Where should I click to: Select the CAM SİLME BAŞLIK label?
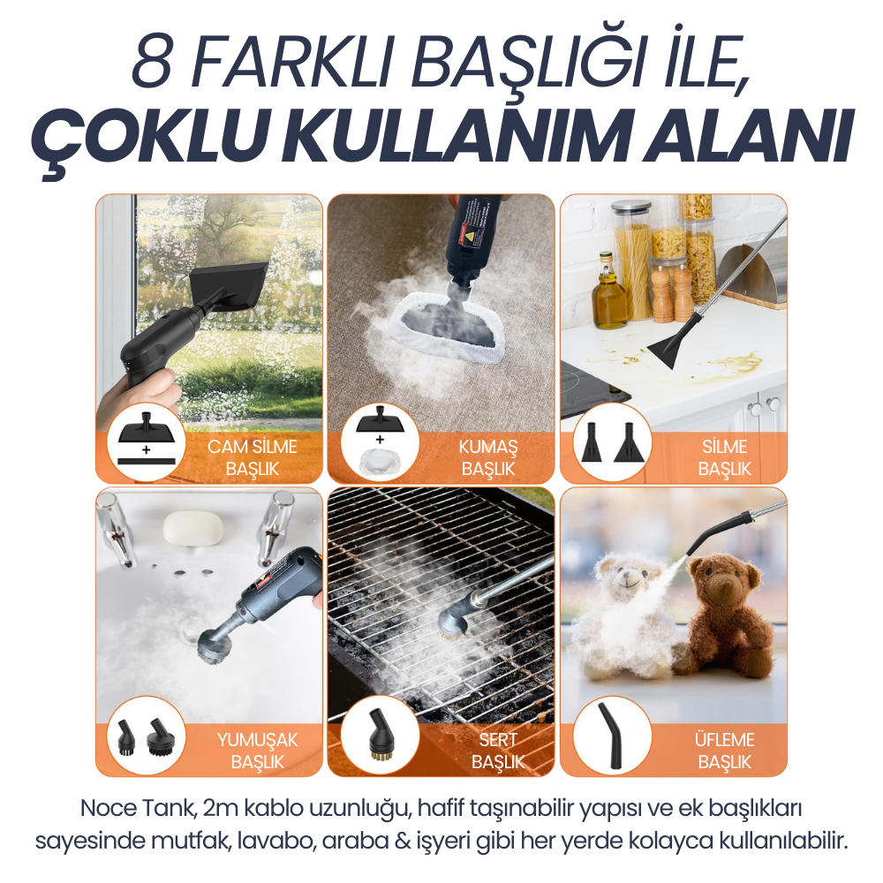coord(252,457)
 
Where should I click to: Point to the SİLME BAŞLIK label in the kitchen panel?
coord(724,457)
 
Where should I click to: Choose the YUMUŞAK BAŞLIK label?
coord(257,751)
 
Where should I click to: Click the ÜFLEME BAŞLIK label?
coord(725,751)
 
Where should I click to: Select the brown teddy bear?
coord(727,618)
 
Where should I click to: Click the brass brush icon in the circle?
coord(379,736)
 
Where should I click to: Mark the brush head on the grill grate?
coord(453,629)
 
